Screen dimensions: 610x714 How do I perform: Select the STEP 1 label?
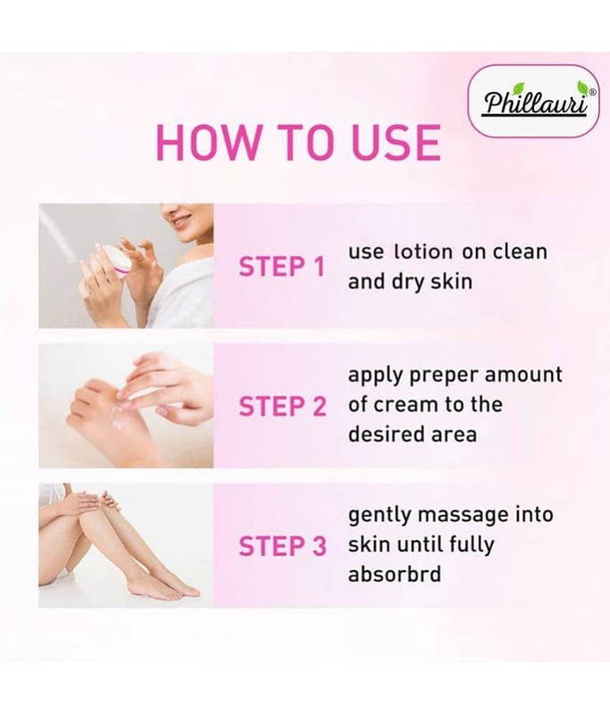click(x=281, y=267)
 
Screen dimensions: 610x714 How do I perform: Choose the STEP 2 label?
click(x=282, y=406)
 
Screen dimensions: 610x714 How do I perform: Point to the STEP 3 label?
click(x=282, y=546)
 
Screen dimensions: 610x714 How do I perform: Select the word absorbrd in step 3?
click(x=395, y=574)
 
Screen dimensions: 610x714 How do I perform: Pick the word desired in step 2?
click(x=386, y=434)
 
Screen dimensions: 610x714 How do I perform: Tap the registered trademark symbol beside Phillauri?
click(x=592, y=92)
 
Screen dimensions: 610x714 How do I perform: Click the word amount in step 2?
click(x=523, y=375)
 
